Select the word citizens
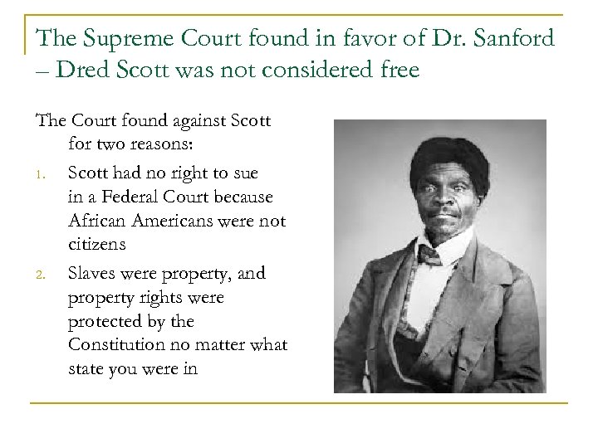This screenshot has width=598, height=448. click(97, 246)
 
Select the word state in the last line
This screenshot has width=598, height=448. click(86, 368)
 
